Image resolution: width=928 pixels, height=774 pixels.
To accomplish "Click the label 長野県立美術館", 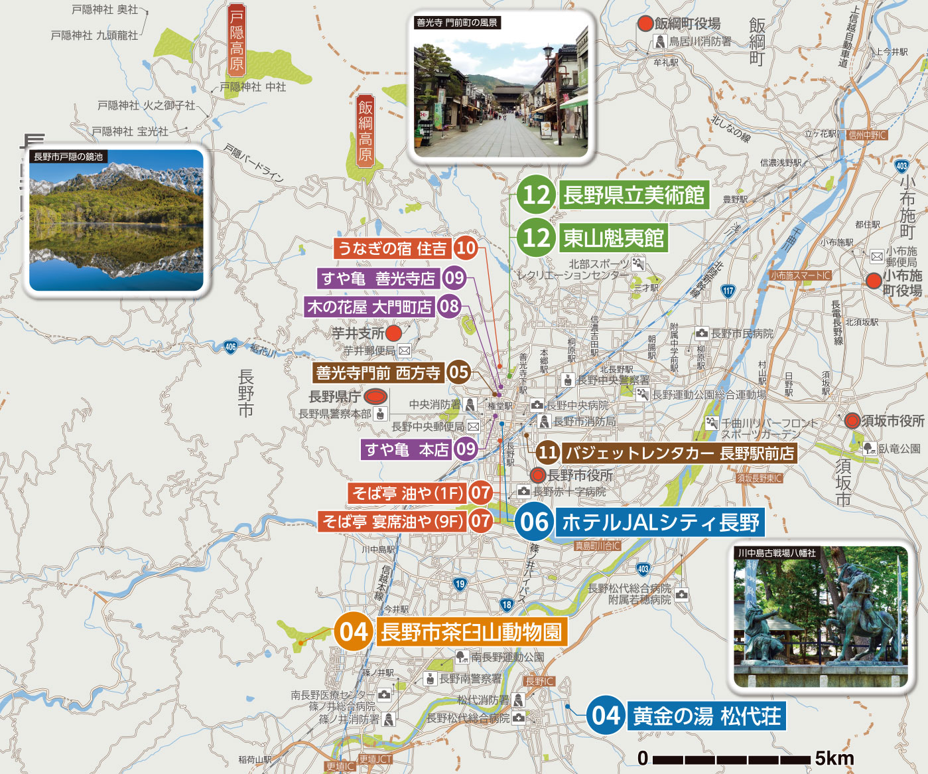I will point(633,195).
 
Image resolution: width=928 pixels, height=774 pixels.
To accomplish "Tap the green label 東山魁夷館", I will point(613,238).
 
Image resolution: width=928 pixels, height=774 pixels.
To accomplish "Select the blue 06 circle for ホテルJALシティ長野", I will point(534,522).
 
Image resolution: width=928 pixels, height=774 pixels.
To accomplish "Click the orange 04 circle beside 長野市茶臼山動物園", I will point(353,631).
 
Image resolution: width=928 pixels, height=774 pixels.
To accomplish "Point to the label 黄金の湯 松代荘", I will point(706,716).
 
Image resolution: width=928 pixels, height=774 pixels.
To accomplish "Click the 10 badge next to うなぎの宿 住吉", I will point(466,248).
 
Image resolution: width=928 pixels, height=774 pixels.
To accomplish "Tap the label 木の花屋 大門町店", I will point(369,307).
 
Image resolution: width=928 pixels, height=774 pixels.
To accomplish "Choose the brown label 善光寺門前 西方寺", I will point(378,372).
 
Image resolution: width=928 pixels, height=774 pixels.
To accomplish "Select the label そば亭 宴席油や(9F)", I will point(393,522).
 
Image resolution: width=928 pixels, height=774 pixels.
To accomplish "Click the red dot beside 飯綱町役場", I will point(645,24).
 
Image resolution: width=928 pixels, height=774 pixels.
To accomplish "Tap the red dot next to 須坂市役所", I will point(852,421).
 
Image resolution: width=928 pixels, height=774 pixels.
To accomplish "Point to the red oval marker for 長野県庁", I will point(375,397).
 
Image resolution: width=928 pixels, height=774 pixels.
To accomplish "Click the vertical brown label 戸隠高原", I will point(237,39).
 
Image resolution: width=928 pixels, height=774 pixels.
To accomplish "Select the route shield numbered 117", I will point(728,290).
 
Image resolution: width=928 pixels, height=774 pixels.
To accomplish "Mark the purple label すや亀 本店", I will point(407,449).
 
